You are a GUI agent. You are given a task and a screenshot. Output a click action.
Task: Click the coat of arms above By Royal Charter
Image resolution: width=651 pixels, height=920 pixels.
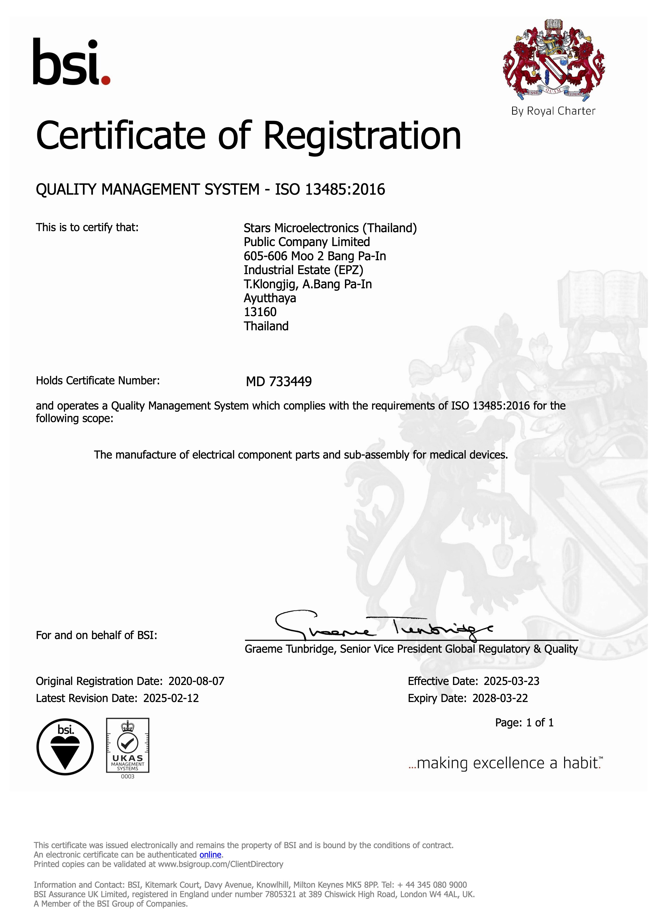point(554,60)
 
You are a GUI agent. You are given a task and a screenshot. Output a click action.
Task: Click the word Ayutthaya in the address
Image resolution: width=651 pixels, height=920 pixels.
point(270,298)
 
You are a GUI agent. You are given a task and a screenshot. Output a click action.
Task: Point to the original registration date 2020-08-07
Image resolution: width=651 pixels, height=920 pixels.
point(196,681)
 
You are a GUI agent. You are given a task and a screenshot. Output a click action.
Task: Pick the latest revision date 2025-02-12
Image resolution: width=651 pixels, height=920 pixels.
point(171,698)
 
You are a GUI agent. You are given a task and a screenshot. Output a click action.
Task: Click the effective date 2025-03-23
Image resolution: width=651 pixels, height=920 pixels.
point(512,681)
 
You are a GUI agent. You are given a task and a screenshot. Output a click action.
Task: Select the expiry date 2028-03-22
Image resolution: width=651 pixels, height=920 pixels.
point(500,698)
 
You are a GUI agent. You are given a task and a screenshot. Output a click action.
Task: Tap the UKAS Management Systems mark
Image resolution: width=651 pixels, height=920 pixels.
point(128,745)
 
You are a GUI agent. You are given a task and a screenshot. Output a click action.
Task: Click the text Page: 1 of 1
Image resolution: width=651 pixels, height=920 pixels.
point(524,722)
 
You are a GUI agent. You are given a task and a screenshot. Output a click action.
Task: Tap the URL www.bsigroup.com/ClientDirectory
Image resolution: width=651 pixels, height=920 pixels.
point(220,864)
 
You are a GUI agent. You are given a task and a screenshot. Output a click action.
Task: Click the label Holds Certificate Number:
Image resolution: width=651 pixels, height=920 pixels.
point(98,381)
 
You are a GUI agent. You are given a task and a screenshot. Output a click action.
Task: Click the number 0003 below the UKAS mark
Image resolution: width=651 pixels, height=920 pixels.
point(128,777)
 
